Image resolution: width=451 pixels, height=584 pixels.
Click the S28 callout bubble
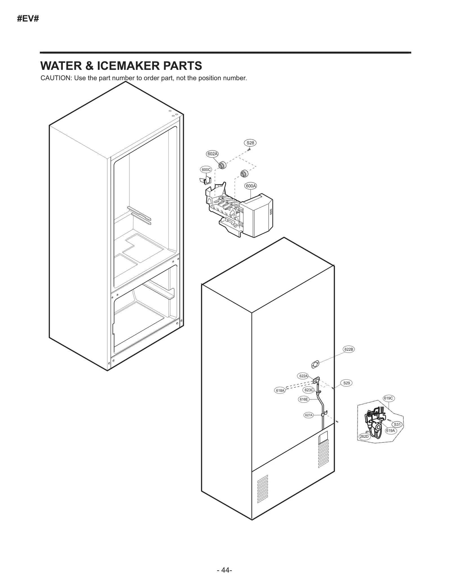coord(250,143)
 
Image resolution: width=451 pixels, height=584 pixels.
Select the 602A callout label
coord(213,154)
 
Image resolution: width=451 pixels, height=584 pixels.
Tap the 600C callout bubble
coord(206,170)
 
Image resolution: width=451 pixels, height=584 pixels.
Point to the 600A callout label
coord(251,186)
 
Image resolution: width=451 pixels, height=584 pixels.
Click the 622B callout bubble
coord(349,349)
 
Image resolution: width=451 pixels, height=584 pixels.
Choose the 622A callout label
coord(303,376)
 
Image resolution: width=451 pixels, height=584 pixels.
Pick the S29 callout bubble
coord(346,383)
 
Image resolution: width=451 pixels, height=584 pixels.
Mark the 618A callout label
coord(280,391)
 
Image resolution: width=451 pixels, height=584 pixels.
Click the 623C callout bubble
coord(309,390)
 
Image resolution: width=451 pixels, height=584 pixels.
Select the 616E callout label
coord(304,399)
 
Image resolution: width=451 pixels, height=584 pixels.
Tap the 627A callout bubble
coord(309,415)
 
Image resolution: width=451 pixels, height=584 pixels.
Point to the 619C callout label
coord(388,398)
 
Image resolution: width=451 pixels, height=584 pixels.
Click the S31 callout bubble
coord(397,424)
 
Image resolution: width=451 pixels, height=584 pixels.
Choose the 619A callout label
coord(390,431)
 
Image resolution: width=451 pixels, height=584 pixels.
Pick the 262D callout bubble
coord(364,437)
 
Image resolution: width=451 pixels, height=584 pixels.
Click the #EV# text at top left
coord(28,19)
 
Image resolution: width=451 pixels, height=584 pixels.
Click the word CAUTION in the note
coord(56,78)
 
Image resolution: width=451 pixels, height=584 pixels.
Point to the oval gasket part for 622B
coord(315,364)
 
